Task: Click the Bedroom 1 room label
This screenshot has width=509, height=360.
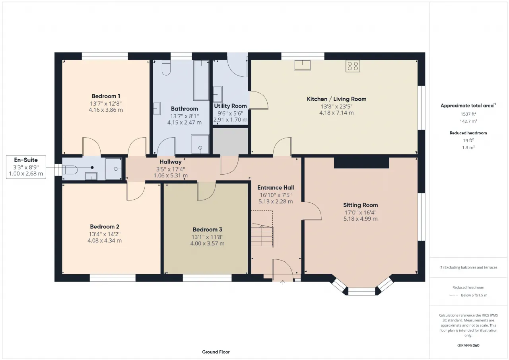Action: pos(106,96)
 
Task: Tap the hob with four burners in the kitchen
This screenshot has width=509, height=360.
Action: pos(353,66)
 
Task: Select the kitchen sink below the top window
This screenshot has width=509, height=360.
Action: pos(302,65)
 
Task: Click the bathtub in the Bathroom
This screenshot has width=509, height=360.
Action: pos(201,80)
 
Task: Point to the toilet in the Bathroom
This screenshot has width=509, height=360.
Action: pos(166,68)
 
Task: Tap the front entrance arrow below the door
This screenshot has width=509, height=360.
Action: pos(283,283)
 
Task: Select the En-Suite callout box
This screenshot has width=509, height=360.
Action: pos(26,167)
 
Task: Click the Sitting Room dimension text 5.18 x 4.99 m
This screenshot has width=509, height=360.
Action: pos(360,219)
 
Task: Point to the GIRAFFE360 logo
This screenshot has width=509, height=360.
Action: pos(468,345)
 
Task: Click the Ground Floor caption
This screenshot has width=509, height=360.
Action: pos(216,352)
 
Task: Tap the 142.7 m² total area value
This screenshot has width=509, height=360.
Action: pos(468,121)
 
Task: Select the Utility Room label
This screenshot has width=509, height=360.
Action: pos(230,106)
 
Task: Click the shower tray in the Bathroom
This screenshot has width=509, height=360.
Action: pos(200,144)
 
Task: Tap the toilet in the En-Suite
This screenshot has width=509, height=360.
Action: pos(70,170)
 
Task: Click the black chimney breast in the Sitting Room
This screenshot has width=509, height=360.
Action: pos(361,163)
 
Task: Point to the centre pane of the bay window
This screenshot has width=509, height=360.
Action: pos(361,291)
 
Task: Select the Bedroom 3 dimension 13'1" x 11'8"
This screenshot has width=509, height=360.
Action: pos(207,237)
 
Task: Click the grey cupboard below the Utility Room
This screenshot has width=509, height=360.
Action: pos(230,141)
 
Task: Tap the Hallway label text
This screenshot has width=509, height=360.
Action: pos(171,162)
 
